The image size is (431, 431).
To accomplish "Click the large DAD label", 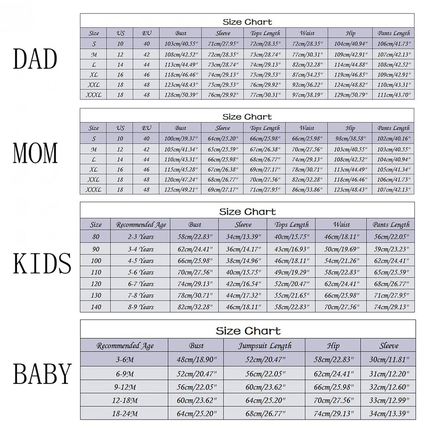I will click(35, 59).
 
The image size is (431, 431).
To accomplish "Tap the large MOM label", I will click(35, 154).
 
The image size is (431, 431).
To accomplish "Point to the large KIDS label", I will click(42, 264).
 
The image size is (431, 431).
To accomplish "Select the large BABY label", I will click(42, 373).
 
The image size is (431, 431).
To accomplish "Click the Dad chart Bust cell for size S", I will click(181, 44).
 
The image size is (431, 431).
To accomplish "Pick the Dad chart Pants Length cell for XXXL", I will click(394, 95).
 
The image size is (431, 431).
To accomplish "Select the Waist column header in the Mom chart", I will click(307, 128).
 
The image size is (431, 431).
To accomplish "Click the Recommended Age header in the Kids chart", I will click(141, 225).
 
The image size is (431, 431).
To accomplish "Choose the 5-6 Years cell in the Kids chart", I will click(141, 272).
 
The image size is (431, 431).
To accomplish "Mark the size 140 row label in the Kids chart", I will click(96, 307).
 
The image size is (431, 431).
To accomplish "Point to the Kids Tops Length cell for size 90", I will click(292, 249).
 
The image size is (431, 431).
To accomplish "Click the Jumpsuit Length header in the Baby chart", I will click(265, 346).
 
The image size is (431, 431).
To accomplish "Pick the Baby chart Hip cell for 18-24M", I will click(333, 414).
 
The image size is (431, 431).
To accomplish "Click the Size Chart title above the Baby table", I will click(248, 331).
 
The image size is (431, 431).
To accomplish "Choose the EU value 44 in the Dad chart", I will click(146, 65).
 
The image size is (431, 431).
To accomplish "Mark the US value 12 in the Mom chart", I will click(120, 149).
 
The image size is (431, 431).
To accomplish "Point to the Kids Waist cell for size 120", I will click(341, 284).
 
